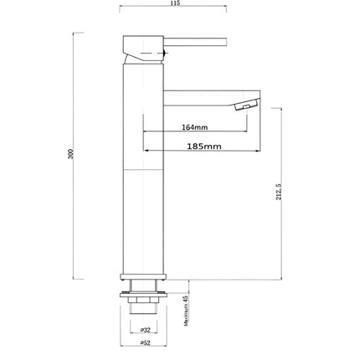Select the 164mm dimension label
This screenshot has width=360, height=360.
[x=194, y=127]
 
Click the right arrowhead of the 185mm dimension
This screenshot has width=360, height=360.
[x=257, y=152]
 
